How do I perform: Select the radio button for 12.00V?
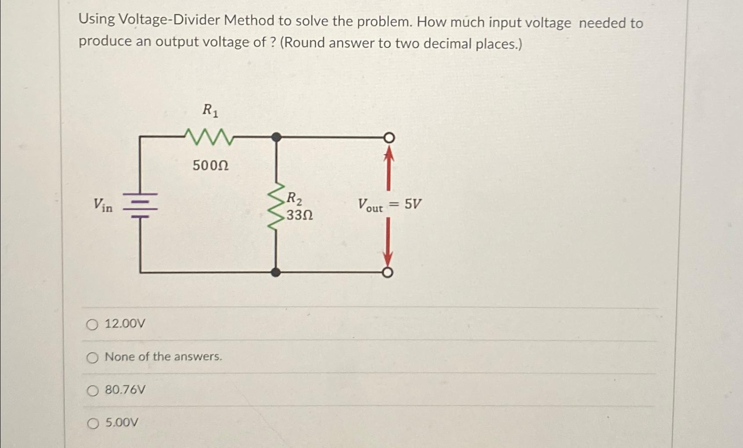click(x=92, y=325)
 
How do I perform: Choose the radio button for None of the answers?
click(x=92, y=358)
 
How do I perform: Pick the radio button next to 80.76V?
click(x=92, y=390)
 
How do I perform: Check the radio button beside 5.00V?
click(x=93, y=423)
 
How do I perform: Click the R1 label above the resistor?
click(x=210, y=110)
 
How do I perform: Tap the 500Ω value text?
click(x=210, y=166)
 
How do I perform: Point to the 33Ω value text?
click(x=300, y=216)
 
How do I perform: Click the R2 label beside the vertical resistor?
click(x=294, y=199)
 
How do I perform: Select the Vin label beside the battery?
click(x=103, y=205)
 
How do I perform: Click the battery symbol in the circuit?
click(x=140, y=205)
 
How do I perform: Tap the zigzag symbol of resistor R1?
click(x=209, y=137)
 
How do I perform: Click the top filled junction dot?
click(x=276, y=137)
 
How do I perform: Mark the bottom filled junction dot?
click(x=275, y=272)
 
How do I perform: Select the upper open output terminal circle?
click(x=388, y=138)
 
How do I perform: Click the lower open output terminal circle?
click(x=387, y=273)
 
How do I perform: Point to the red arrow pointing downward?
click(x=388, y=242)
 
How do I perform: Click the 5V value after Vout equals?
click(x=413, y=204)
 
